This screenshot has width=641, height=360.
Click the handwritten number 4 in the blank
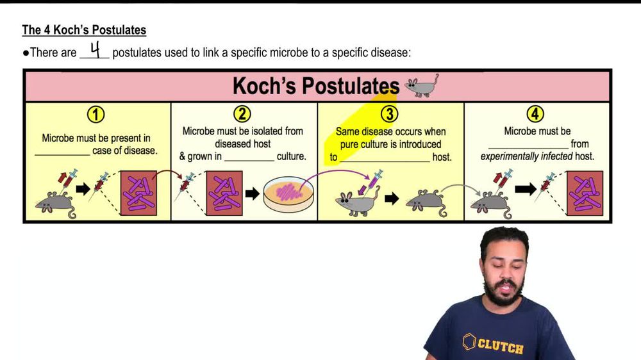coord(95,51)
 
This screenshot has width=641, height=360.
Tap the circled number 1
coord(96,115)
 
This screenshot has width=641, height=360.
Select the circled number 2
coord(242,114)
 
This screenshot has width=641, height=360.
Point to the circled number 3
coord(389,115)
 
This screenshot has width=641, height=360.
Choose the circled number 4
coord(535,115)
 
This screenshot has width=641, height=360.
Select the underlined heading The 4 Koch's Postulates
coord(84,30)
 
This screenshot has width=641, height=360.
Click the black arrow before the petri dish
coord(252,193)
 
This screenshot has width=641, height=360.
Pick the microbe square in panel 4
coord(584,192)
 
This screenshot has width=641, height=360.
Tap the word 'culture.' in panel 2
coord(291,156)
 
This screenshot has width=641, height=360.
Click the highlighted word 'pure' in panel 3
coord(349,144)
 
